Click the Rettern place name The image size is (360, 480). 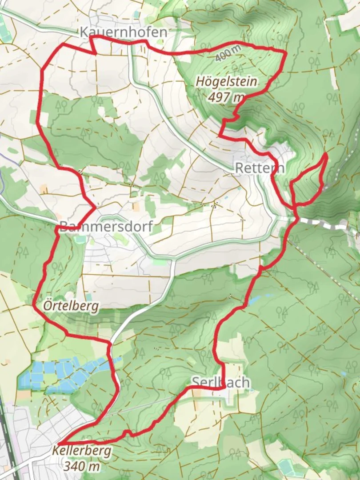pos(259,168)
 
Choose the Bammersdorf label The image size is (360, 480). pos(105,227)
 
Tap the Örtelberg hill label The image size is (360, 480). pos(71,306)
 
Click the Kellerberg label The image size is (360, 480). pos(81,451)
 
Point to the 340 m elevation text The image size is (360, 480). pos(81,466)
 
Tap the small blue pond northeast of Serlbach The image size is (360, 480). pos(256,300)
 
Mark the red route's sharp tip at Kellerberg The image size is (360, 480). pos(59,444)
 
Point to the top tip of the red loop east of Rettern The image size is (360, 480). pos(326,154)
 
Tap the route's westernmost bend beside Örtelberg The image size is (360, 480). pos(34,305)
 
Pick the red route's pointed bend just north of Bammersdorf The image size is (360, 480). pos(95,207)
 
